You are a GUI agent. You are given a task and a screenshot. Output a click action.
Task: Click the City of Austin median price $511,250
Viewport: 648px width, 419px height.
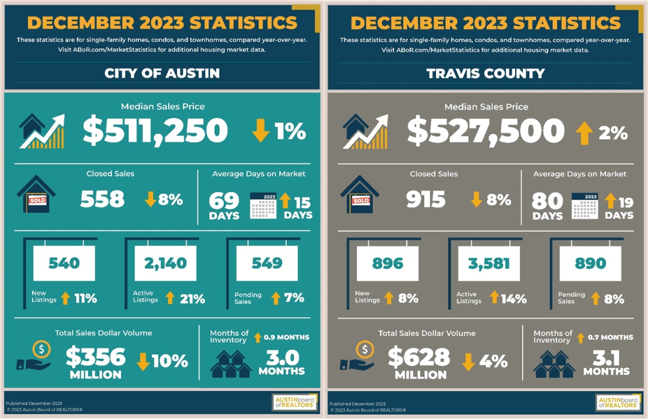point(154,131)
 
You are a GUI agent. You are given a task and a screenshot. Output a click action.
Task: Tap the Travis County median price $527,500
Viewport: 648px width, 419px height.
point(485,131)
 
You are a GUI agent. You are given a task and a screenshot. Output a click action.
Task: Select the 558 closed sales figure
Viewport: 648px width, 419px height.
point(103,200)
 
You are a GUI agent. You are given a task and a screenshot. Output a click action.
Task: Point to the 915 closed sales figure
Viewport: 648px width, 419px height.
point(426,200)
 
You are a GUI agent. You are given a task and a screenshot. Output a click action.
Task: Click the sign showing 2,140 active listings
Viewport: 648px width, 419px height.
point(165,263)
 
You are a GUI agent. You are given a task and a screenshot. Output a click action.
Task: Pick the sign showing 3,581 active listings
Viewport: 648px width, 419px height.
point(488,263)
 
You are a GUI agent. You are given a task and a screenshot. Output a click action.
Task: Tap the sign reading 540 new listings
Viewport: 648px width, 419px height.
point(64,263)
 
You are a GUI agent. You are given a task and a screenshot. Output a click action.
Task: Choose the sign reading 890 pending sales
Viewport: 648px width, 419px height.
point(590,263)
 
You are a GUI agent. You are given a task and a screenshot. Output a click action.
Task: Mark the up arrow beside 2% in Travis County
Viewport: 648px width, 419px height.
point(584,133)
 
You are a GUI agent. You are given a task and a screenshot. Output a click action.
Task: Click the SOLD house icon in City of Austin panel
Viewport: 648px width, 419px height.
point(36,196)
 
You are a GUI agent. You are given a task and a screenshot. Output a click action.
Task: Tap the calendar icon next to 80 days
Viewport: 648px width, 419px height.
point(584,205)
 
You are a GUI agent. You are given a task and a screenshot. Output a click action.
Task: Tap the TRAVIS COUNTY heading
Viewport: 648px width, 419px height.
point(485,73)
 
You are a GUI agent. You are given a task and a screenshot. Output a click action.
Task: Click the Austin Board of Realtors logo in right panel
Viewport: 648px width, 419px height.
point(618,402)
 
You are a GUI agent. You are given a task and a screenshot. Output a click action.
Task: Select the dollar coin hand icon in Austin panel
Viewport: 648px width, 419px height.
point(36,356)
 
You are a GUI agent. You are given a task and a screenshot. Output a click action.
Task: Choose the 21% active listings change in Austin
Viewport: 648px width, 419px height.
point(192,299)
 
